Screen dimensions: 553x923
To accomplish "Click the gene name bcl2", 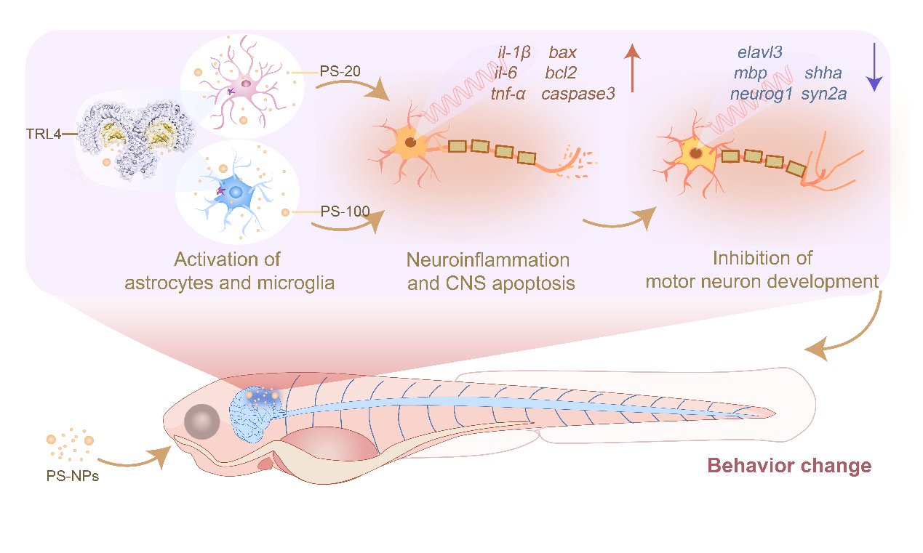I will pyautogui.click(x=562, y=73).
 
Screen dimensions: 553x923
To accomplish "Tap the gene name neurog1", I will pyautogui.click(x=761, y=94).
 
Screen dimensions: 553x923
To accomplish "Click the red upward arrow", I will pyautogui.click(x=632, y=68).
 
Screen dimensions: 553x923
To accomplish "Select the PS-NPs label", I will pyautogui.click(x=68, y=478).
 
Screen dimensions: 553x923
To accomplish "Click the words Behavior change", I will pyautogui.click(x=789, y=465).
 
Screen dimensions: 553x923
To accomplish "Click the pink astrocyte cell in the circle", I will pyautogui.click(x=246, y=86).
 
